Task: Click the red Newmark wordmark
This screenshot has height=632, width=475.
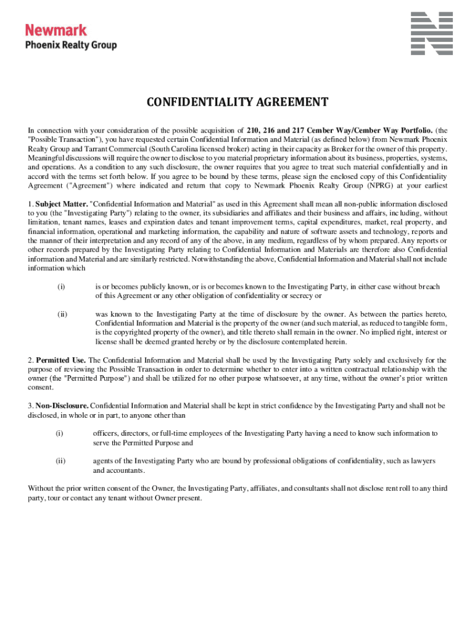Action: [56, 29]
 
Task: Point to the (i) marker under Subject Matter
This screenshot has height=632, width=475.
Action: [61, 286]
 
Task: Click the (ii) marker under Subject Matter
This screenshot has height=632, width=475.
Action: [62, 314]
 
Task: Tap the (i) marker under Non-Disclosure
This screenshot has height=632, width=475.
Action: [60, 433]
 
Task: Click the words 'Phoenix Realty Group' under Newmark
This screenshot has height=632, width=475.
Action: [70, 45]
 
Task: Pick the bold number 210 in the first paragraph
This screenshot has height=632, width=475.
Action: [253, 130]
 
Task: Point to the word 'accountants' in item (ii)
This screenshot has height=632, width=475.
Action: [129, 470]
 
